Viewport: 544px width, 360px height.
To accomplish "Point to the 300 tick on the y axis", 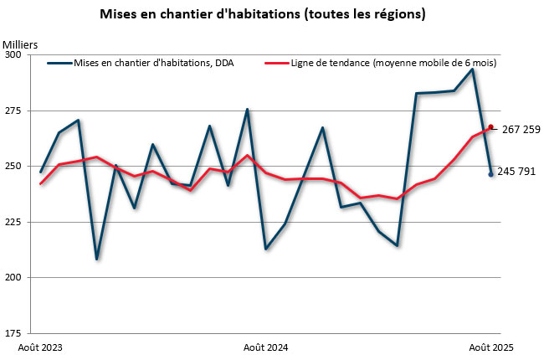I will (13, 55).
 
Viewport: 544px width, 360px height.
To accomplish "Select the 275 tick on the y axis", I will (13, 111).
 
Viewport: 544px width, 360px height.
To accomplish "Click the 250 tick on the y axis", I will (13, 167).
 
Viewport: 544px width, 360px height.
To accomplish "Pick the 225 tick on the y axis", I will (13, 222).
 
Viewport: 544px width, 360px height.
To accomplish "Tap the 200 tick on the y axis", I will (13, 277).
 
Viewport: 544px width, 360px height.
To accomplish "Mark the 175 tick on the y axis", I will (13, 332).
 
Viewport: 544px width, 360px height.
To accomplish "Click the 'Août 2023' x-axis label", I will (40, 347).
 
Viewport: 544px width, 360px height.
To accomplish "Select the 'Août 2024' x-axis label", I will (266, 347).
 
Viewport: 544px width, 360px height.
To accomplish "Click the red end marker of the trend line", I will (491, 127).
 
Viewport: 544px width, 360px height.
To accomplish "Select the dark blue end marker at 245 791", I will (491, 174).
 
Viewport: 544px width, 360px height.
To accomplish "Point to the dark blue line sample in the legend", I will (59, 63).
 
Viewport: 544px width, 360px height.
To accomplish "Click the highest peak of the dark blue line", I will (473, 69).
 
